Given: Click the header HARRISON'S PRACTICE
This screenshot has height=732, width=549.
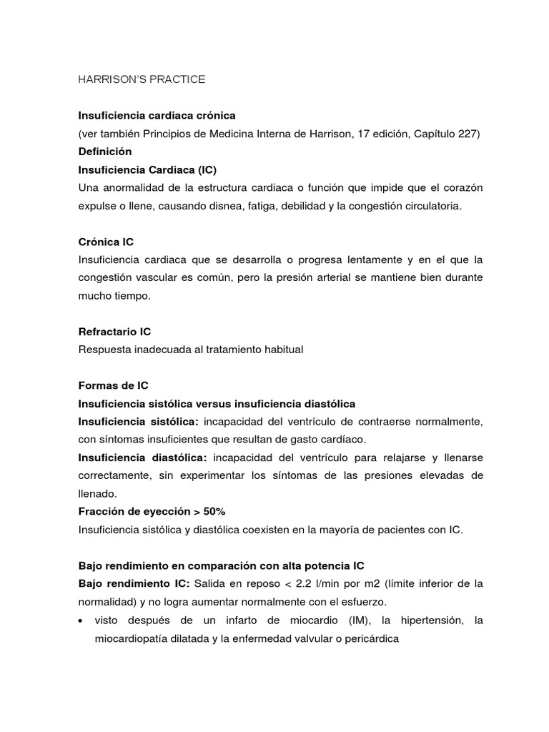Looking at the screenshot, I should pyautogui.click(x=142, y=79).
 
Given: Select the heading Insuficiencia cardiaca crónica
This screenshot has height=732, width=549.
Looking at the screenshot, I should pyautogui.click(x=157, y=115).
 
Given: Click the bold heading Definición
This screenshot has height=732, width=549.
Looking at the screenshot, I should pyautogui.click(x=105, y=152).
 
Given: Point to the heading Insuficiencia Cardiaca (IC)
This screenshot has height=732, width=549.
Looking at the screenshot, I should pyautogui.click(x=147, y=170).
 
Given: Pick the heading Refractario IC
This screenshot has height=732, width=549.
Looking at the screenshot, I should pyautogui.click(x=114, y=332).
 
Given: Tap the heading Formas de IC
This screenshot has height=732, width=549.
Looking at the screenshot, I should pyautogui.click(x=113, y=385).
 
